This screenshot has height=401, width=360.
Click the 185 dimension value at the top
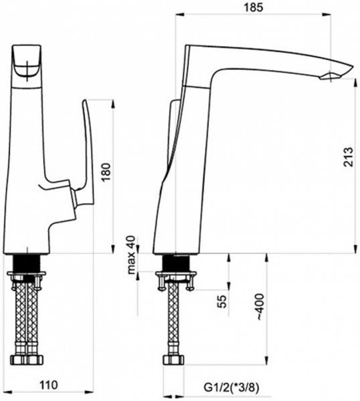(x=253, y=7)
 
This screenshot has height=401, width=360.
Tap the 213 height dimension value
(x=348, y=157)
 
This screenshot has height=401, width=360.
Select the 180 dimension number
(x=106, y=172)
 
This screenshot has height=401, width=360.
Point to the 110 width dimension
(x=49, y=384)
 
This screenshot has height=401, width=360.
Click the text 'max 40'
(x=131, y=255)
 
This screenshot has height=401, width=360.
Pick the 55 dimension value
(x=222, y=301)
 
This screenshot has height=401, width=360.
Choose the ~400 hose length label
(x=260, y=307)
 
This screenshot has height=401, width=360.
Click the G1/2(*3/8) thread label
(x=232, y=388)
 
